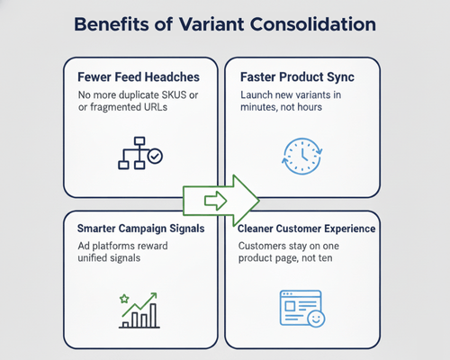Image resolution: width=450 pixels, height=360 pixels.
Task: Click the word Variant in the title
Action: (x=211, y=23)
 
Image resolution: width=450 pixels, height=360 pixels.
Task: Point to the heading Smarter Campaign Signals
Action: (x=140, y=229)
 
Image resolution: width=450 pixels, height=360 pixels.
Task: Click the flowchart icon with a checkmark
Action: (x=140, y=154)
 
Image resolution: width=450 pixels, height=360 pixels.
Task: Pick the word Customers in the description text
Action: (x=265, y=247)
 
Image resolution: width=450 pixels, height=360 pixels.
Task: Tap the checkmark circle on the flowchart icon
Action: (x=155, y=157)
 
